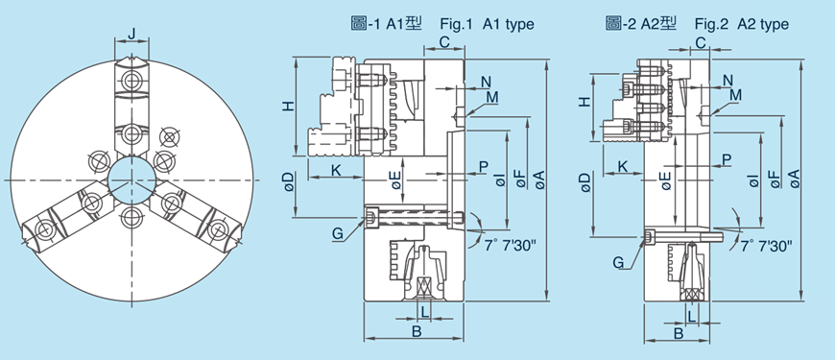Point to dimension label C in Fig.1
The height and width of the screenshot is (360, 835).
pyautogui.click(x=444, y=41)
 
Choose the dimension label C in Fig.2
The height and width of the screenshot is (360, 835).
pyautogui.click(x=701, y=43)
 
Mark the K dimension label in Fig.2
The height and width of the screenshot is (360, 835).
pyautogui.click(x=623, y=167)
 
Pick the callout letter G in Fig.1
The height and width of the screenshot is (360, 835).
pyautogui.click(x=337, y=233)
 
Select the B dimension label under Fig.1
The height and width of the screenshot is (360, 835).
pyautogui.click(x=416, y=332)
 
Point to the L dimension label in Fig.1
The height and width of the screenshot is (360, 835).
pyautogui.click(x=424, y=311)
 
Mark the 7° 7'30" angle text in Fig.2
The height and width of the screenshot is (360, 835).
pyautogui.click(x=766, y=247)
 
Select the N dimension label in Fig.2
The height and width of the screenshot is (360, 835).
pyautogui.click(x=728, y=79)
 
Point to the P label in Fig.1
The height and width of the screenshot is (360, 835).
pyautogui.click(x=483, y=167)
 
